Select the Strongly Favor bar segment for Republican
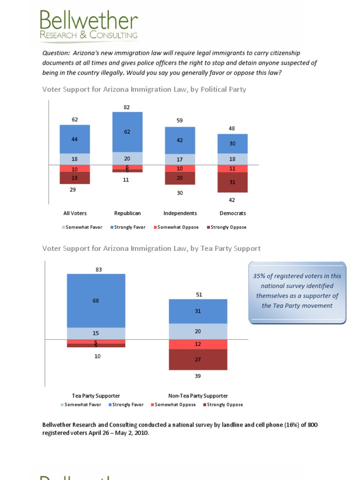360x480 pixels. point(127,132)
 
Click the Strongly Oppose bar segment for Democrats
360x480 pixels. point(232,182)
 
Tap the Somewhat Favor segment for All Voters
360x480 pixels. point(75,159)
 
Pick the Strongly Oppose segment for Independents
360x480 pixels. point(180,178)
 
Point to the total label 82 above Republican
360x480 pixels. point(127,107)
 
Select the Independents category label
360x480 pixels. point(180,213)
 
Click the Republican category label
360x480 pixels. point(127,213)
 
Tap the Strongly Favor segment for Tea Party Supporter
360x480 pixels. point(96,300)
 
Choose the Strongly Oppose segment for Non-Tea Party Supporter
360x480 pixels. point(198,360)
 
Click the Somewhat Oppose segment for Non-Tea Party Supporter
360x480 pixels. point(198,345)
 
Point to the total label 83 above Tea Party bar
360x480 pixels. point(98,270)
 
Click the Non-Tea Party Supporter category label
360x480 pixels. point(198,396)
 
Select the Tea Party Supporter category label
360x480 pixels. point(96,396)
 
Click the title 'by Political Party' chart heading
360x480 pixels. point(144,89)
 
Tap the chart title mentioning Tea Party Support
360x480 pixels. point(151,248)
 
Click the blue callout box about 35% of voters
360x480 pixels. point(297,292)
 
